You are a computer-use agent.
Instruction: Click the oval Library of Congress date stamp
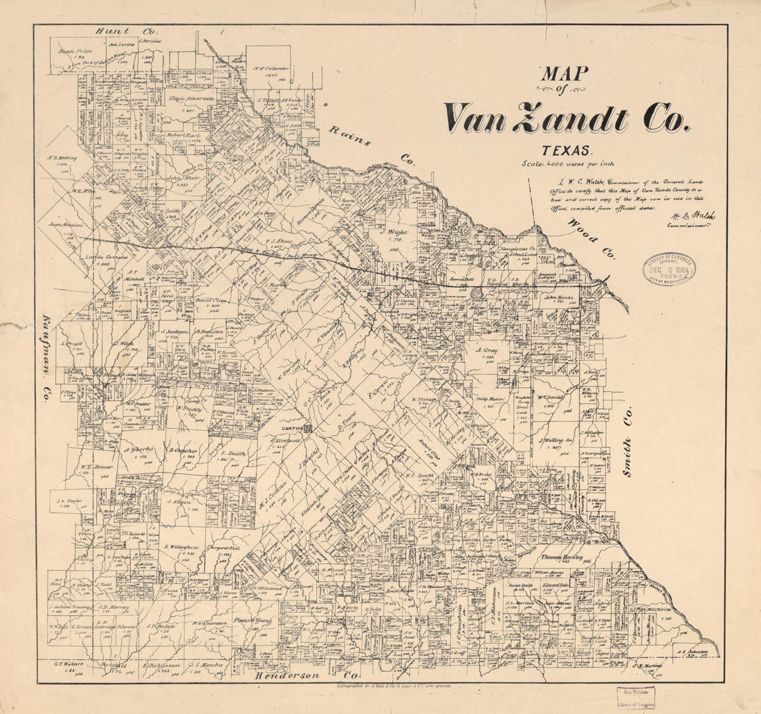click(669, 269)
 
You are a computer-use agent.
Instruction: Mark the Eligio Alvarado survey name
click(191, 100)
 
